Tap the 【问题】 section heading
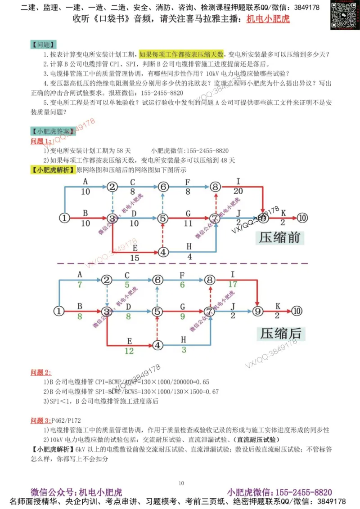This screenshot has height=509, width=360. click(x=44, y=45)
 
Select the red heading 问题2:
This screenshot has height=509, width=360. click(x=41, y=372)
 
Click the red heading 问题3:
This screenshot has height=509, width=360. click(x=41, y=420)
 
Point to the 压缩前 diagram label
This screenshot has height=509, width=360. click(x=279, y=237)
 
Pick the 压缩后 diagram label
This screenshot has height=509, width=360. click(x=279, y=334)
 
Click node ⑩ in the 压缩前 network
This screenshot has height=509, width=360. click(x=302, y=218)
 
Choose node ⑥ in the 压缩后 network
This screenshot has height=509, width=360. click(x=157, y=280)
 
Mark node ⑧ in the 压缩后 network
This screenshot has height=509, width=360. click(x=210, y=280)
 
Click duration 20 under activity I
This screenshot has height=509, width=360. click(x=238, y=191)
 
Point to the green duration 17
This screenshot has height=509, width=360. click(x=233, y=284)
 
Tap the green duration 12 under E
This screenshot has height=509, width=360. click(x=129, y=351)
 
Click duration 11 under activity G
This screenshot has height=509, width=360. click(x=188, y=223)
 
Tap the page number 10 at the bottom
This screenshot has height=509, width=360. click(x=181, y=483)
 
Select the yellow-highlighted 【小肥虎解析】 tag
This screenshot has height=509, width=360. click(x=53, y=170)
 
